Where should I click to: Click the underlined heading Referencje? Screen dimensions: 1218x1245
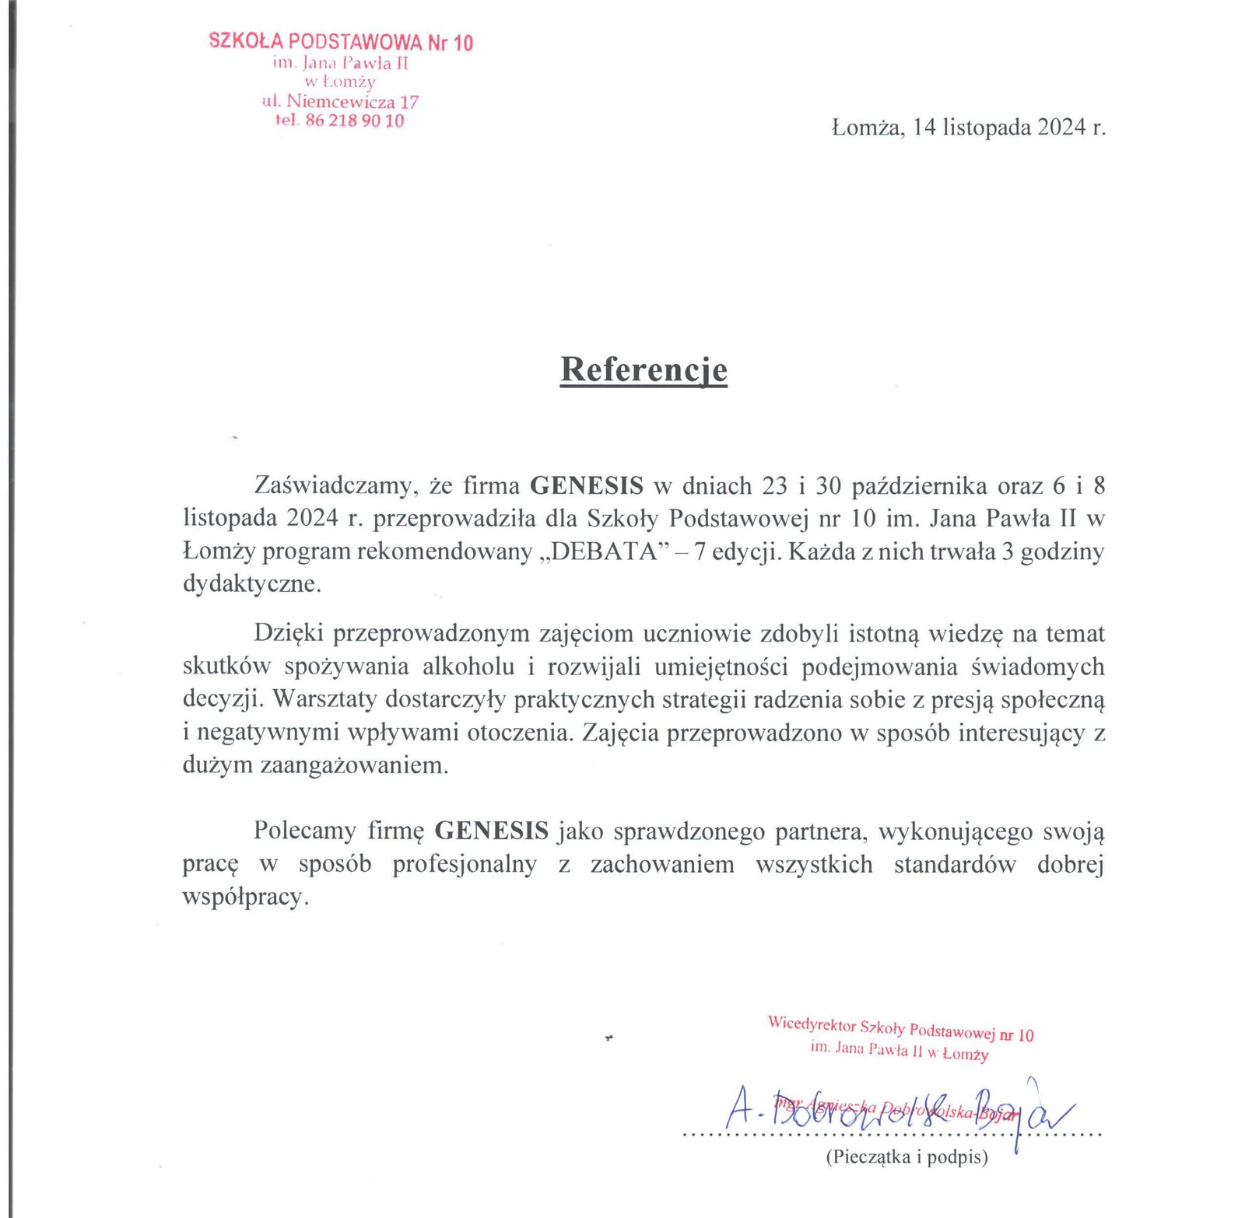click(644, 369)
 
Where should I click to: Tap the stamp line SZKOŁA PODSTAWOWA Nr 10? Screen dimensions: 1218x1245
click(341, 41)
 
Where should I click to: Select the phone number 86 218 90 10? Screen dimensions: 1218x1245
click(355, 121)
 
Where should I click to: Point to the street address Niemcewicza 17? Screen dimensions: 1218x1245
click(352, 101)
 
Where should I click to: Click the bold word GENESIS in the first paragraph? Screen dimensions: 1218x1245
click(587, 485)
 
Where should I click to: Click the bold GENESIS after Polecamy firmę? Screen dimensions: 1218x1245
click(491, 831)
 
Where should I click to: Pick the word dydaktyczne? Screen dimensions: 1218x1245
click(251, 583)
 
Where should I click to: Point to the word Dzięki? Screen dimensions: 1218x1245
click(288, 633)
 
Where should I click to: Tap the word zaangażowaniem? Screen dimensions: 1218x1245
click(354, 765)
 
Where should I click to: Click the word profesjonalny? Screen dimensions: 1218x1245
click(465, 864)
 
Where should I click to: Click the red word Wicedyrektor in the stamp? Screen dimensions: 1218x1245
click(812, 1024)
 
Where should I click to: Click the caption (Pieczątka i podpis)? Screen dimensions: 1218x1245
click(907, 1157)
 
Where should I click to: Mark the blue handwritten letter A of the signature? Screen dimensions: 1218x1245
click(738, 1108)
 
